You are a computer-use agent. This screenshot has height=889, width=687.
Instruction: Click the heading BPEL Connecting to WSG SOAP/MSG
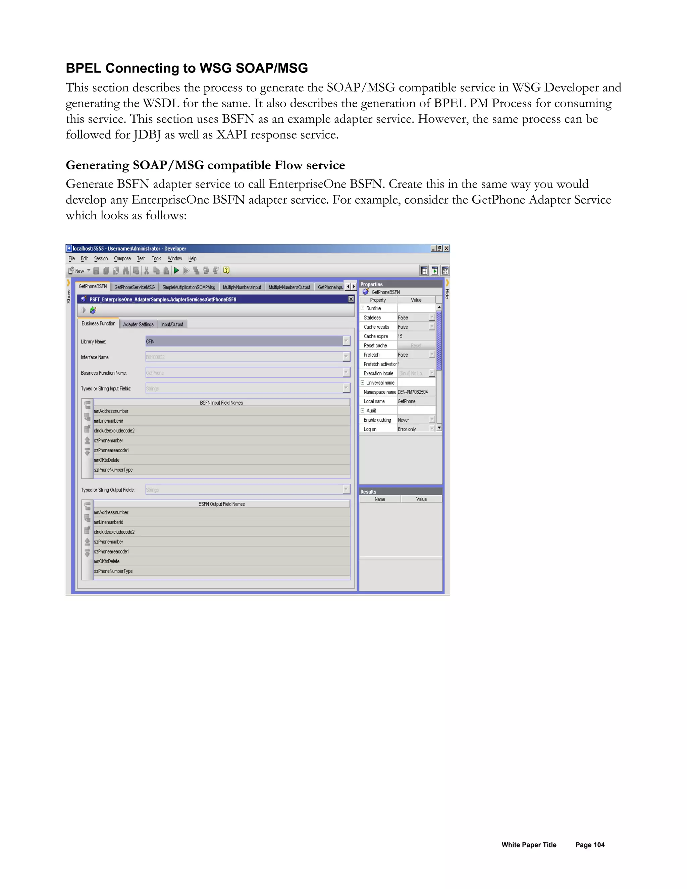187,68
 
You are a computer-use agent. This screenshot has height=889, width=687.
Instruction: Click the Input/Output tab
172,324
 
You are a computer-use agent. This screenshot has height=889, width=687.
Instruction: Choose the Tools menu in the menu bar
156,258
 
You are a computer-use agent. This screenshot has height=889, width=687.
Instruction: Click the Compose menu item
122,258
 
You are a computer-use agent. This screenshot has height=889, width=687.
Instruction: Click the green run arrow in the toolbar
176,270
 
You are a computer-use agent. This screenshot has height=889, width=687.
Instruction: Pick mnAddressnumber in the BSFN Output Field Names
111,513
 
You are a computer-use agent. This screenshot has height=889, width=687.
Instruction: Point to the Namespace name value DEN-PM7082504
413,392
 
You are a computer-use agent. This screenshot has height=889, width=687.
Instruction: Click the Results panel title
368,492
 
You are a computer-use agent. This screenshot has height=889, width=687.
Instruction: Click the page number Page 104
590,845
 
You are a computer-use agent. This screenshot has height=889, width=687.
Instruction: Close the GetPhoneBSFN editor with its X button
351,299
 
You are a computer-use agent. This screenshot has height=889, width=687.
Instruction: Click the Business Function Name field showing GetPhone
244,373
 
